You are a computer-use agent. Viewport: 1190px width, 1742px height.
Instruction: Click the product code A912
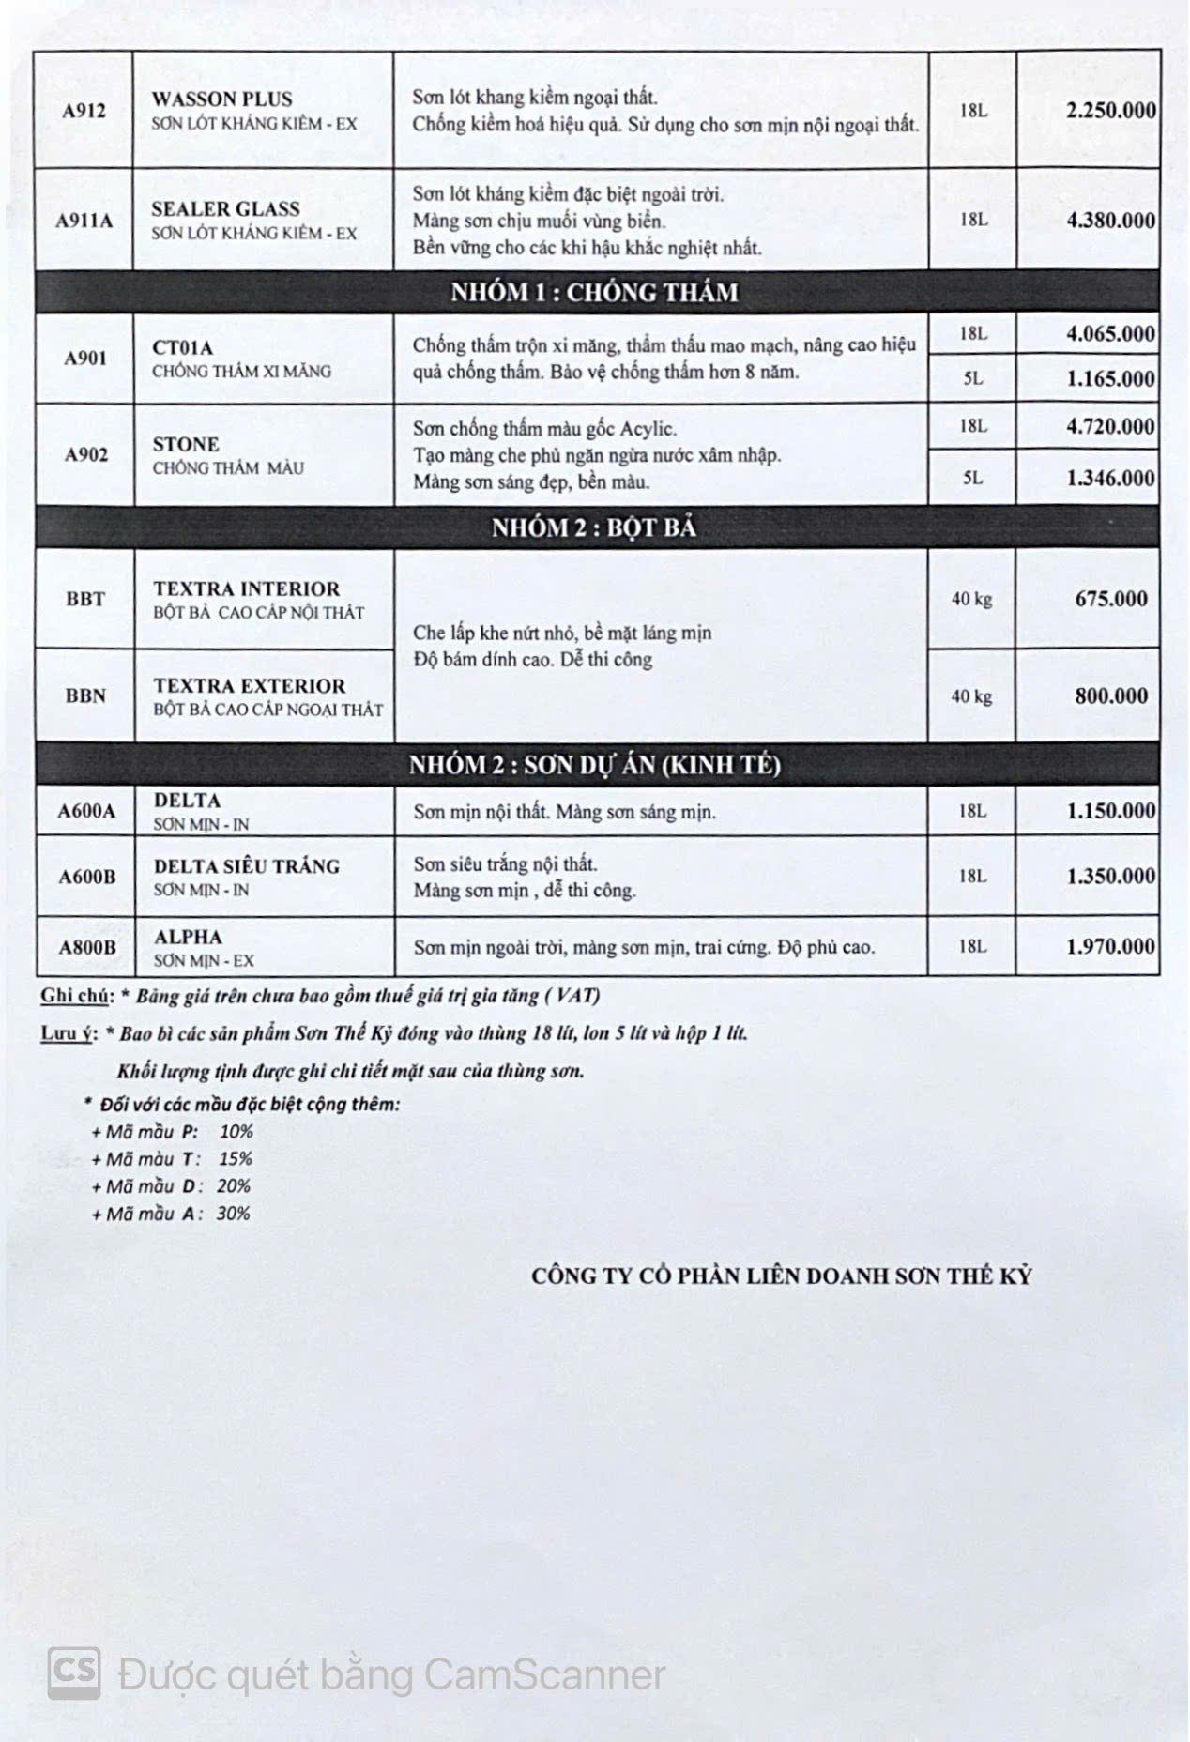click(84, 111)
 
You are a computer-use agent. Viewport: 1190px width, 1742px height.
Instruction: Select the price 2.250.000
click(1110, 110)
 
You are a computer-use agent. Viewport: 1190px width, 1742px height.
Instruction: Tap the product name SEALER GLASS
click(225, 208)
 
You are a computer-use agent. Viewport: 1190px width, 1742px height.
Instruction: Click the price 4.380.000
click(1110, 221)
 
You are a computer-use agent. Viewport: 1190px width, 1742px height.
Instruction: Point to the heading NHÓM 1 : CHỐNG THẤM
click(594, 293)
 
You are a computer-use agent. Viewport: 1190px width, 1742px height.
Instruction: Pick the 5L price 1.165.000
click(1110, 379)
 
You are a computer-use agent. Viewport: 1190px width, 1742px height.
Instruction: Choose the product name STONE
click(186, 444)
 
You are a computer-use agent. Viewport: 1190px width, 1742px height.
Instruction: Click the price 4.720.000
click(1110, 427)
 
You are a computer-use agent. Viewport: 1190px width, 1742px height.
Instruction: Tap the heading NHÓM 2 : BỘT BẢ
click(594, 528)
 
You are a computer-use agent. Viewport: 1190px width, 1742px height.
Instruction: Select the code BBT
click(85, 599)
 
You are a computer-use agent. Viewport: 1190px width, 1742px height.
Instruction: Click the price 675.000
click(1111, 599)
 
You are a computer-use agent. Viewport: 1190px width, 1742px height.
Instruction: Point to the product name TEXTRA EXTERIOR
click(250, 686)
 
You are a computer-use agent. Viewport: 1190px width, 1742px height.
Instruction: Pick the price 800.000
click(1111, 696)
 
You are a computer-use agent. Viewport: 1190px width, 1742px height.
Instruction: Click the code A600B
click(87, 877)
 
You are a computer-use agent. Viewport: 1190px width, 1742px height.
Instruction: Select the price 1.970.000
click(1110, 946)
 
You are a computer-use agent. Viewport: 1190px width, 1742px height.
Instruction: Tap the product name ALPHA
click(188, 937)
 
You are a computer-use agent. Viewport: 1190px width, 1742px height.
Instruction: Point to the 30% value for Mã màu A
click(233, 1214)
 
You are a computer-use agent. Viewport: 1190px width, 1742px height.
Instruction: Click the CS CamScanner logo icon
click(75, 1672)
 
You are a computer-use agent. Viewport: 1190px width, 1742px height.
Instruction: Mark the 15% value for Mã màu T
click(236, 1159)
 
